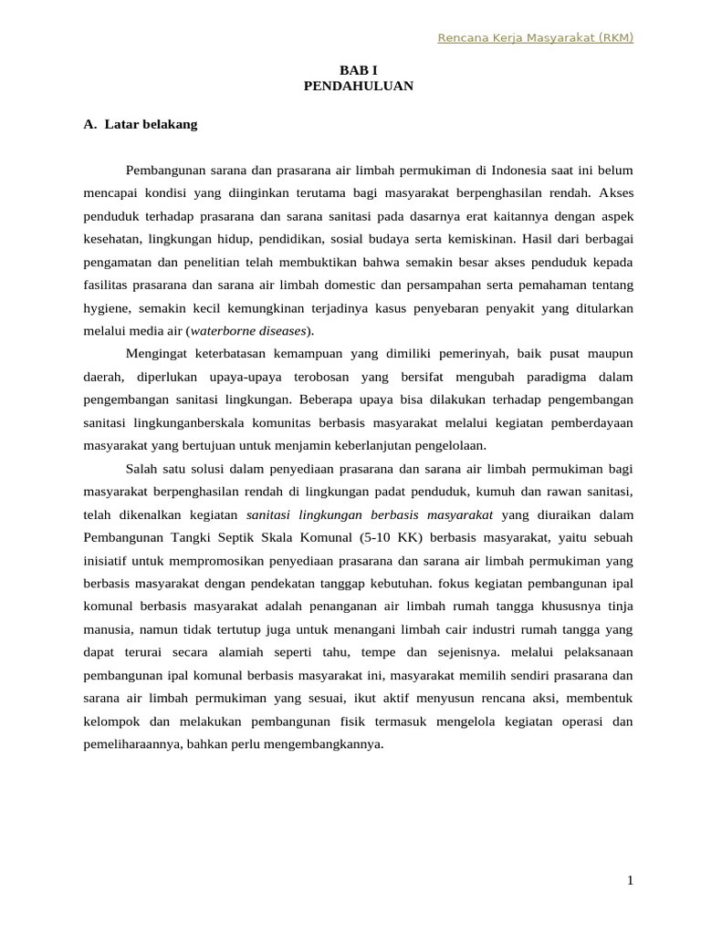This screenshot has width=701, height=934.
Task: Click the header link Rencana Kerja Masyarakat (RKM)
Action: click(535, 37)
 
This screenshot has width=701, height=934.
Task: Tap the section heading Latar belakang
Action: click(151, 124)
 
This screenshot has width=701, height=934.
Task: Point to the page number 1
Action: click(630, 880)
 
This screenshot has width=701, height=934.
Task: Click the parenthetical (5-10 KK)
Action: click(409, 537)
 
